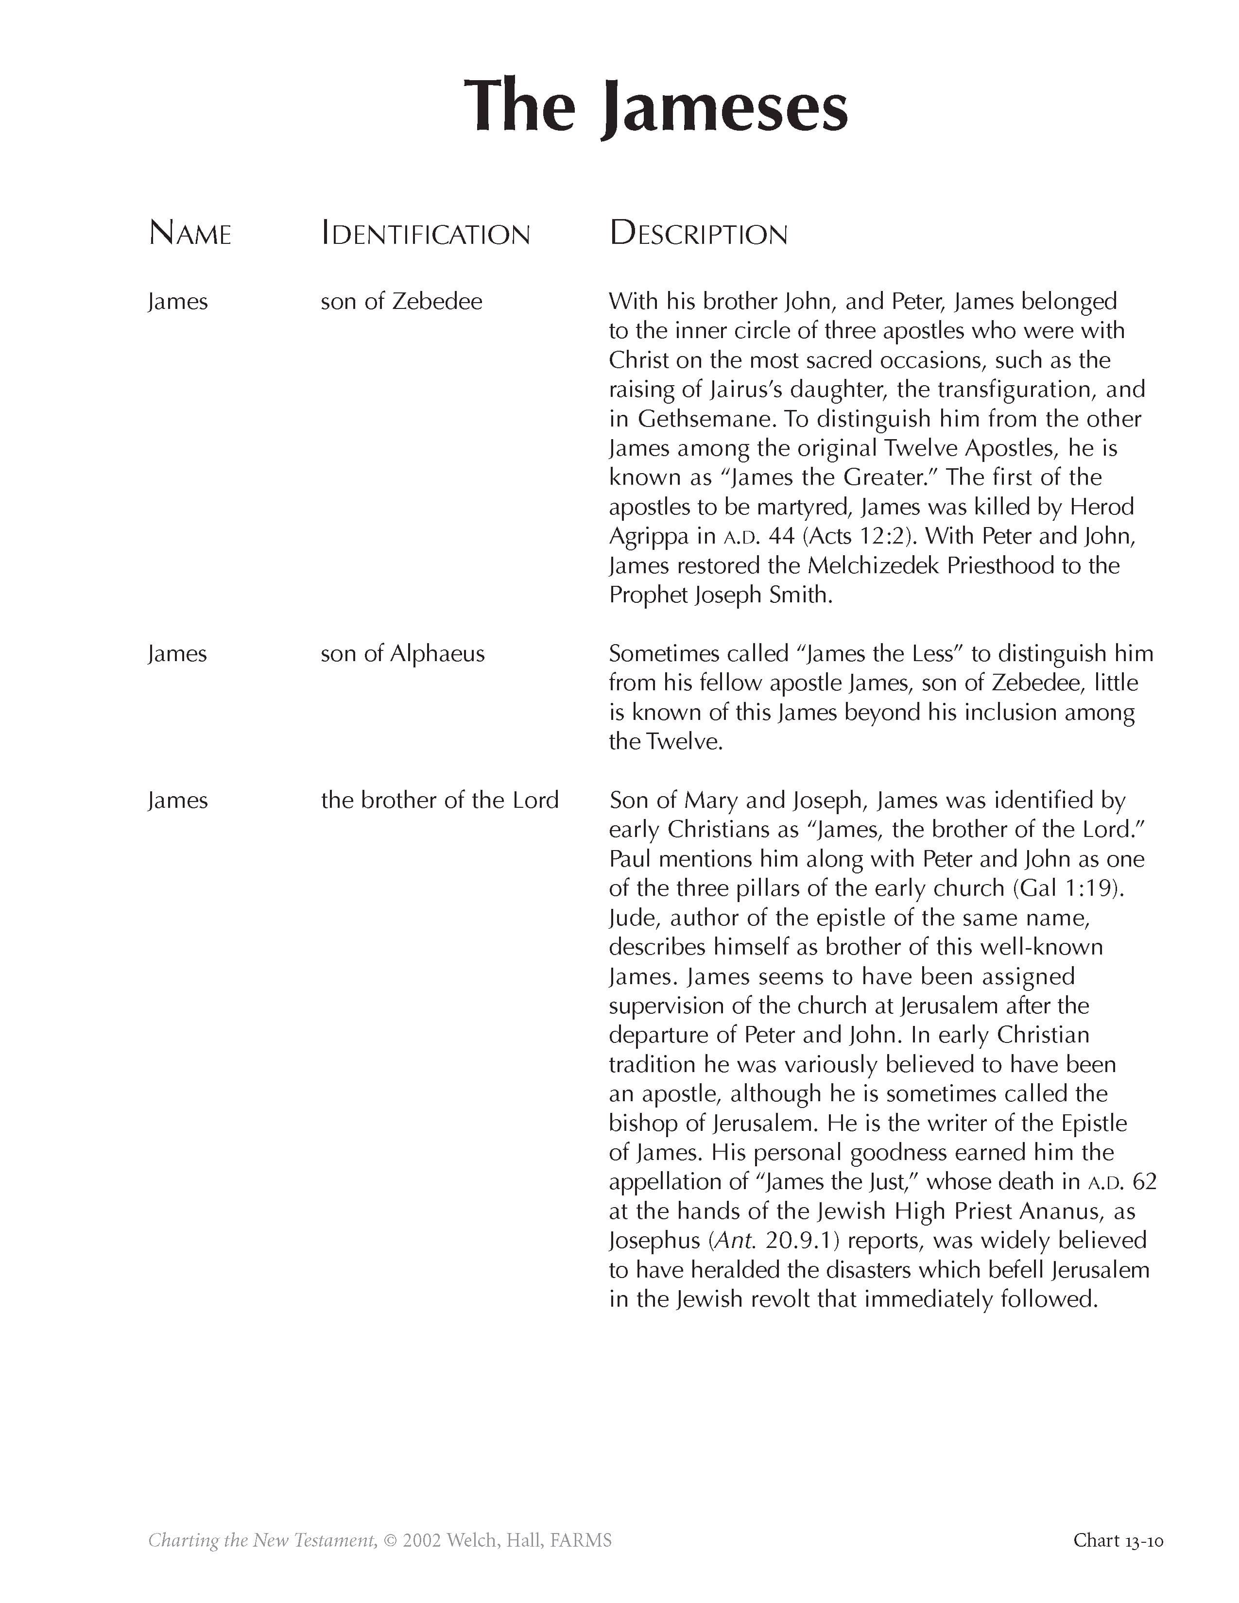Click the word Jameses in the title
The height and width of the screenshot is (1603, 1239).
pos(725,109)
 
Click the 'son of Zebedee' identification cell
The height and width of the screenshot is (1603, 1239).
pos(401,302)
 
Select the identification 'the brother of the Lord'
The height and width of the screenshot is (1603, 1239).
pos(440,800)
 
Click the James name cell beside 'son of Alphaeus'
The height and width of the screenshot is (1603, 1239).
pos(177,654)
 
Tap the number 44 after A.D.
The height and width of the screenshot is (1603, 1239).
pos(781,537)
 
